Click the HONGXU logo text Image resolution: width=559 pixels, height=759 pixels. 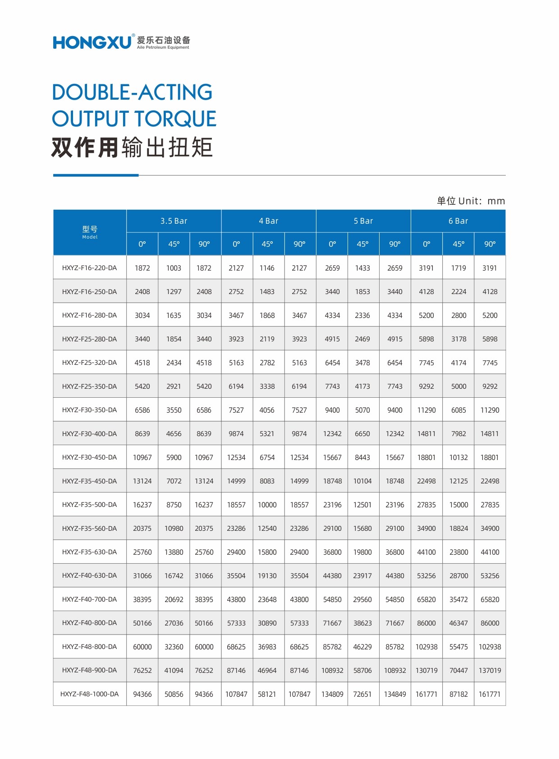tap(92, 42)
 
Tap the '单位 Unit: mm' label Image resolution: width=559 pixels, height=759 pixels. tap(471, 201)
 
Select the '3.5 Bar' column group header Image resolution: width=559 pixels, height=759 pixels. tap(174, 221)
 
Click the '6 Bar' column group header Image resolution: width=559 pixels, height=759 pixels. tap(458, 221)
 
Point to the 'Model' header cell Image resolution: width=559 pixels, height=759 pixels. tap(90, 232)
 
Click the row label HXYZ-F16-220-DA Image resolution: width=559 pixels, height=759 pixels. tap(89, 268)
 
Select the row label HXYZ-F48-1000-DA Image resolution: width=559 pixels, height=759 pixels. tap(89, 694)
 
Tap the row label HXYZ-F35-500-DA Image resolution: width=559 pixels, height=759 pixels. tap(89, 505)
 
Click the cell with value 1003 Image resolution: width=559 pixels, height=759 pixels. tap(174, 268)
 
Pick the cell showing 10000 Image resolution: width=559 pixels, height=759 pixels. tap(267, 505)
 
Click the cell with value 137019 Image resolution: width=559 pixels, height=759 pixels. tap(490, 671)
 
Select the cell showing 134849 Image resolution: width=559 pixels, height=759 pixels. tap(394, 694)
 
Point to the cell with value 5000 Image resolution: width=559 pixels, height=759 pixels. tap(458, 386)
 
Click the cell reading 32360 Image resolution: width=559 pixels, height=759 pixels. tap(174, 647)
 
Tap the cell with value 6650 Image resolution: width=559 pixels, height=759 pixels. tap(362, 434)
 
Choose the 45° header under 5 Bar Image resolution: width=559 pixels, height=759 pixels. tap(362, 244)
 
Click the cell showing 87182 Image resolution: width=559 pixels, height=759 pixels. tap(458, 694)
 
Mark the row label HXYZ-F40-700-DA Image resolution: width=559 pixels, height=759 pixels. tap(89, 599)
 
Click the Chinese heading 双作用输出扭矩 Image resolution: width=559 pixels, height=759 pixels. tap(132, 147)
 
